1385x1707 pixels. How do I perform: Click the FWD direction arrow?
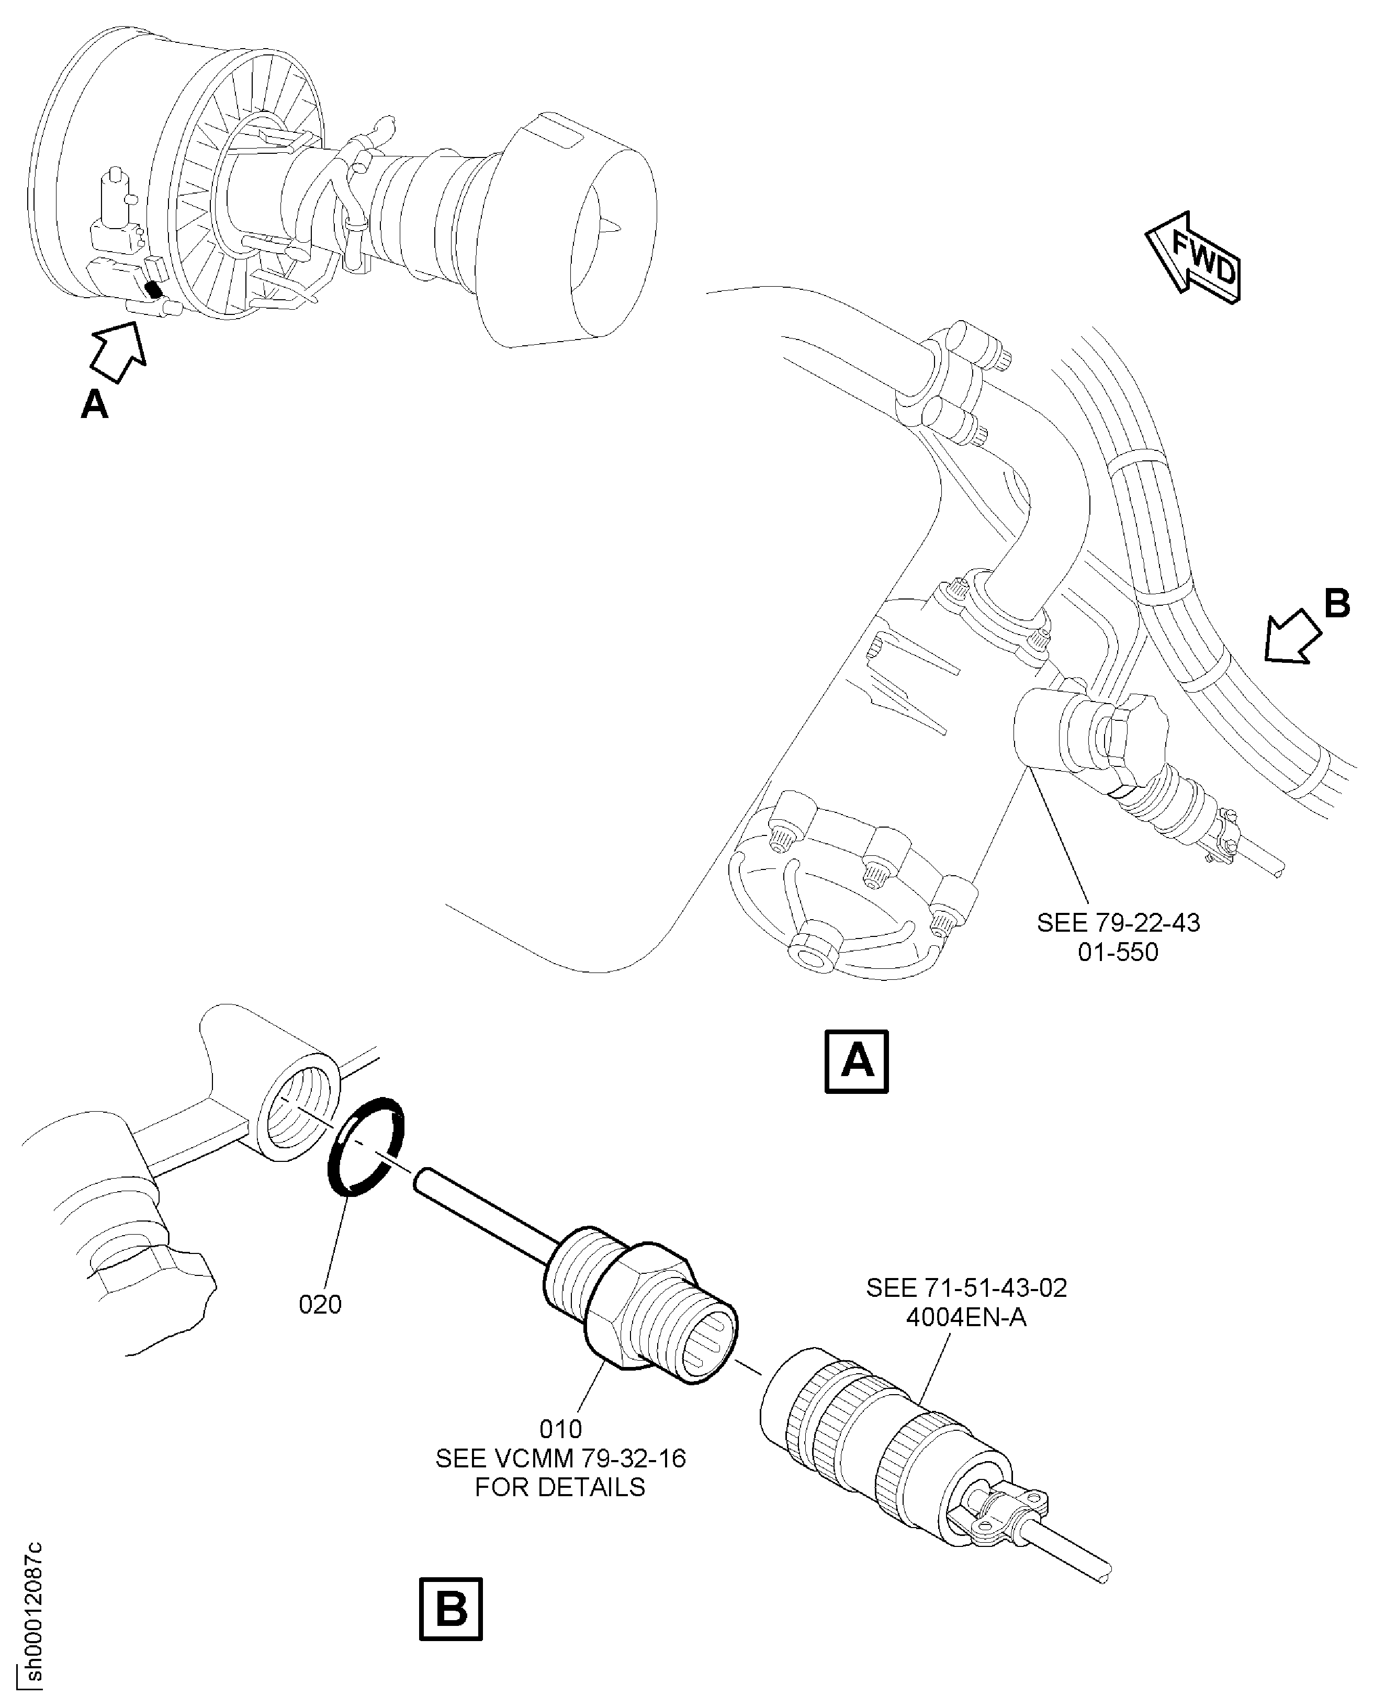(1193, 257)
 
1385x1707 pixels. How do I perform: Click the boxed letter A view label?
(856, 1061)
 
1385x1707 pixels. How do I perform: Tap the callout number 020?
(320, 1304)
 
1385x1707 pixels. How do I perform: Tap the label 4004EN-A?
(966, 1318)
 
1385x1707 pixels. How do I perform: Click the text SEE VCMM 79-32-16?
(561, 1458)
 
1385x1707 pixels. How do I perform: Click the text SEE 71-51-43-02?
(966, 1288)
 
